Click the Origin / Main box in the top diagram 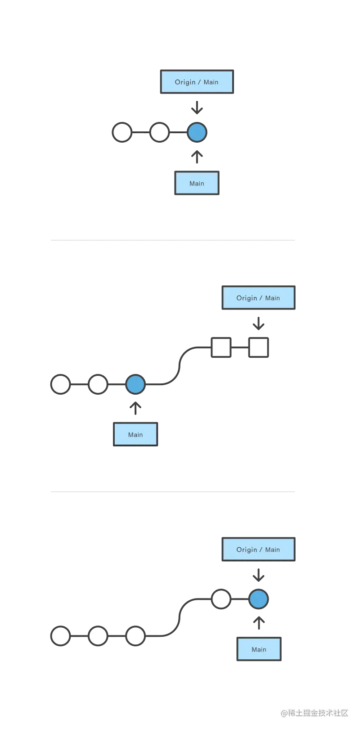(196, 82)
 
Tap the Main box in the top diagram (196, 183)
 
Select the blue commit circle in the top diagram (197, 132)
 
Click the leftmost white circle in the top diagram (122, 132)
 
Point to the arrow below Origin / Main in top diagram (198, 109)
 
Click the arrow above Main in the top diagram (197, 156)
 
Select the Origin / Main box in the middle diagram (258, 298)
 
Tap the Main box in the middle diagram (135, 434)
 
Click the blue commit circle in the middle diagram (135, 384)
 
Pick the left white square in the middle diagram (221, 347)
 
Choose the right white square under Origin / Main (258, 347)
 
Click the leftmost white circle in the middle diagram (61, 384)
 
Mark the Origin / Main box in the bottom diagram (258, 549)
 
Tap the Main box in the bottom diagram (259, 649)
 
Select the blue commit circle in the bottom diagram (258, 599)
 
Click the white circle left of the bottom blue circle (221, 599)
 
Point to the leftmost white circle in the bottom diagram (61, 636)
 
